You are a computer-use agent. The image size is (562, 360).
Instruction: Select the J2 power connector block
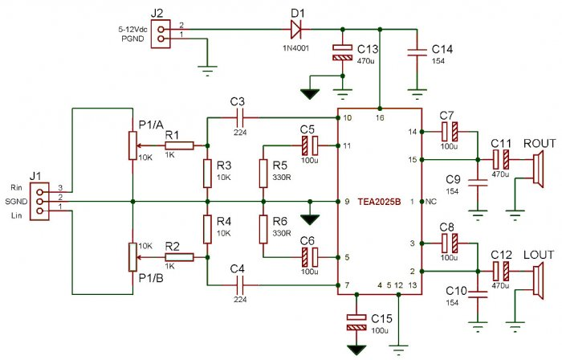tap(164, 32)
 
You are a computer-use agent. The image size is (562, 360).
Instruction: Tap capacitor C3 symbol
tap(237, 118)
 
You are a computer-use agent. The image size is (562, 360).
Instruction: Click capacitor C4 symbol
tap(237, 285)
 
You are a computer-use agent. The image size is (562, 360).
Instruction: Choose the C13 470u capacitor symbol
tap(343, 52)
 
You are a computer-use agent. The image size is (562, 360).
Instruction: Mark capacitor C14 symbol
tap(416, 52)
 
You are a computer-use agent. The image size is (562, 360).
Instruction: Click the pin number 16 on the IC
tap(380, 118)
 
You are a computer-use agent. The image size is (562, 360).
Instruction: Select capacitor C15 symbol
tap(353, 322)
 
